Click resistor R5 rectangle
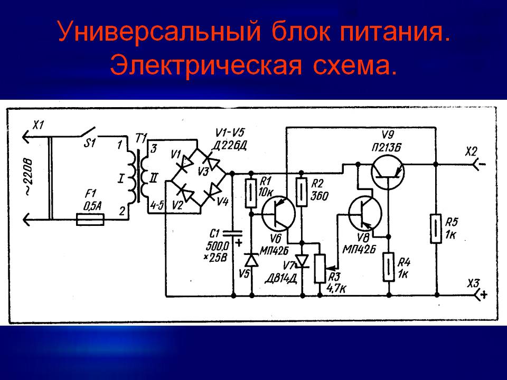436,228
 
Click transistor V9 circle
387,173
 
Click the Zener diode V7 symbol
302,260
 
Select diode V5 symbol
251,260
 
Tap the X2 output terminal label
471,151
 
